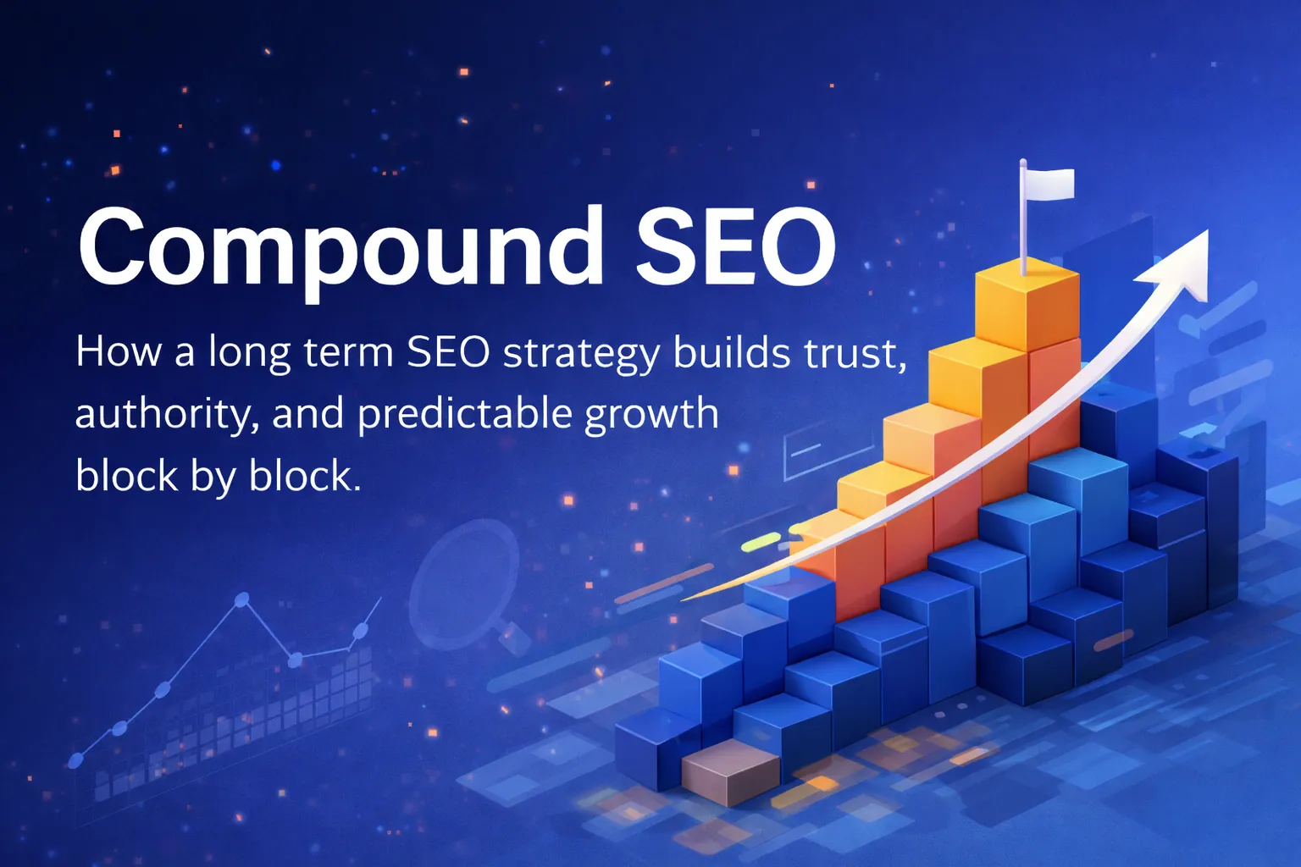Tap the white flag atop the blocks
pyautogui.click(x=1051, y=184)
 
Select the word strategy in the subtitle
pyautogui.click(x=580, y=353)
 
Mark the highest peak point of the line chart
pyautogui.click(x=241, y=600)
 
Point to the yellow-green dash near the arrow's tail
pyautogui.click(x=761, y=543)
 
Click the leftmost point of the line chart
pyautogui.click(x=75, y=759)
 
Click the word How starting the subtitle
pyautogui.click(x=119, y=351)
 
